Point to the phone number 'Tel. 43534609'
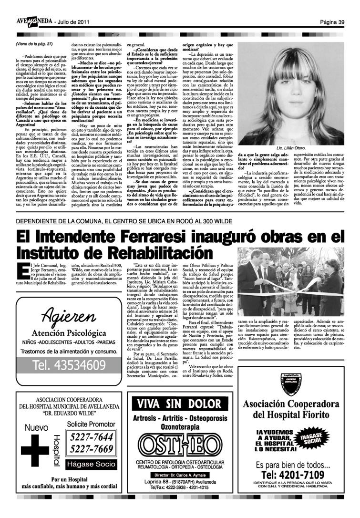[x=70, y=366]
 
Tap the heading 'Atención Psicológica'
[x=69, y=332]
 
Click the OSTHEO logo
[x=179, y=447]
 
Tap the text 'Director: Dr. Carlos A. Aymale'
[x=179, y=476]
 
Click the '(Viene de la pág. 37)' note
[x=34, y=44]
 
